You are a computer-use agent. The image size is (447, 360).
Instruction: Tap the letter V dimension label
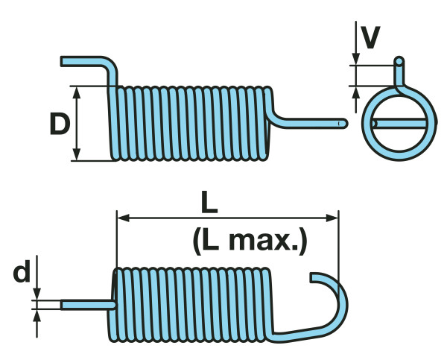pyautogui.click(x=370, y=36)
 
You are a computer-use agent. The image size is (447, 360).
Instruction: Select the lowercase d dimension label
pyautogui.click(x=22, y=274)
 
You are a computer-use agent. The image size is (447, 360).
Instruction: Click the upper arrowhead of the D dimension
pyautogui.click(x=77, y=90)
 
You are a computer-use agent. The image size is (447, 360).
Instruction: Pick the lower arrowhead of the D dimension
pyautogui.click(x=77, y=155)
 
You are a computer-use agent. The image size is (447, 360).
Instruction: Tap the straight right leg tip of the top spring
pyautogui.click(x=343, y=121)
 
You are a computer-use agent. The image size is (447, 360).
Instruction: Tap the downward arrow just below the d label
pyautogui.click(x=38, y=295)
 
